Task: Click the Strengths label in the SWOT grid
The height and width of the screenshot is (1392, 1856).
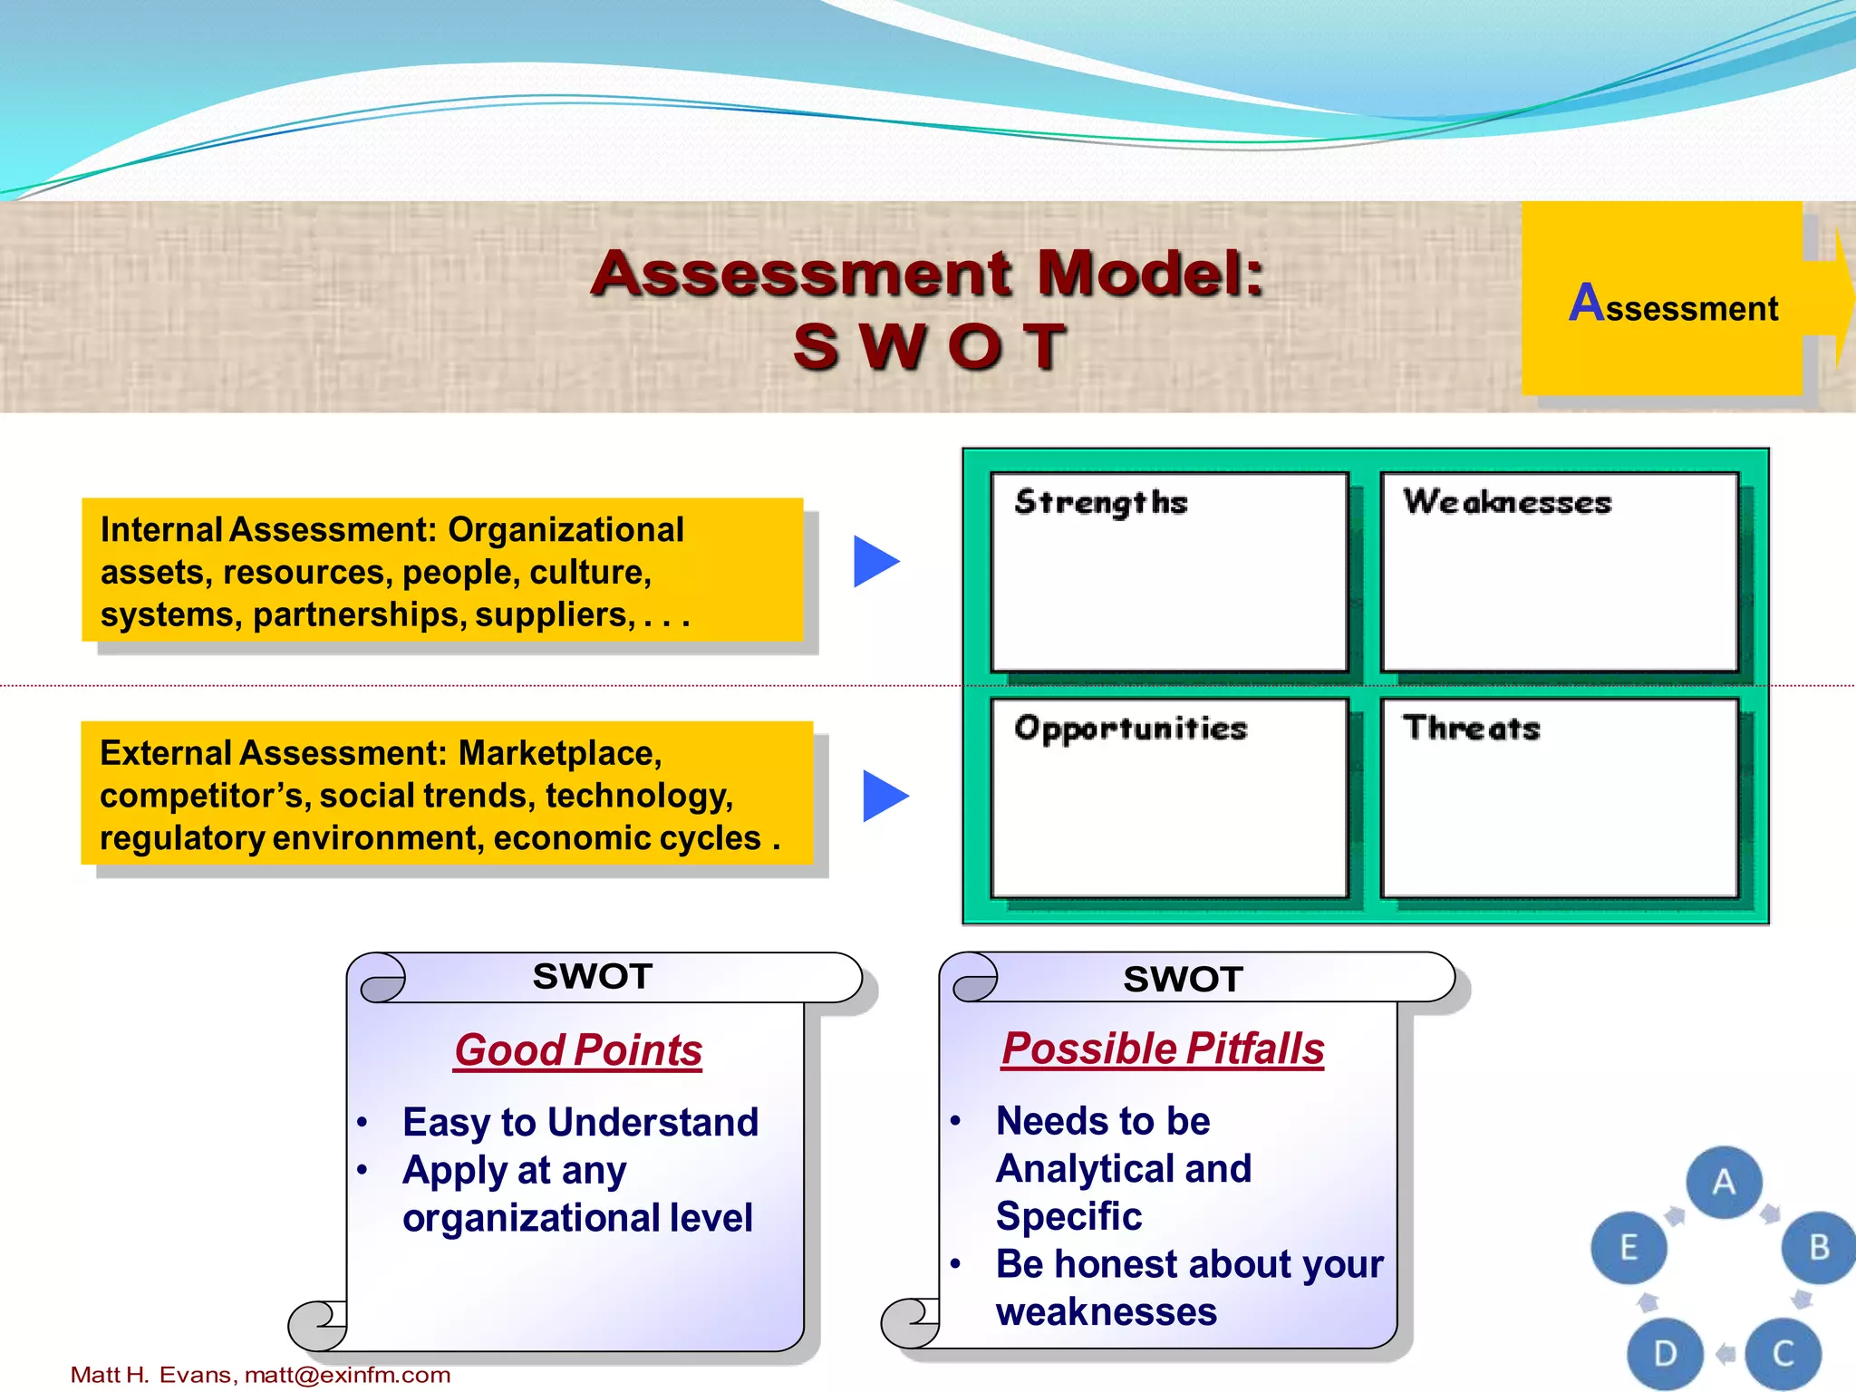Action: tap(1100, 502)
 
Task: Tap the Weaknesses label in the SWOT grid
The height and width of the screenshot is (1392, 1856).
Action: tap(1507, 502)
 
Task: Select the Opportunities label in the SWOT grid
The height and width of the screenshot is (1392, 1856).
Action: tap(1130, 729)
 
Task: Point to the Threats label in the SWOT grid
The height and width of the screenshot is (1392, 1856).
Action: tap(1471, 728)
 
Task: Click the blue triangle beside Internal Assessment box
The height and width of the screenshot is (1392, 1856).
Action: tap(874, 561)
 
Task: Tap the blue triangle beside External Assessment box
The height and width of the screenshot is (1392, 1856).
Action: tap(883, 796)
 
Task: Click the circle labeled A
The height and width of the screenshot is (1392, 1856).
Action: tap(1724, 1182)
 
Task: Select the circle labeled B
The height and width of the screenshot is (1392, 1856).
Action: tap(1818, 1248)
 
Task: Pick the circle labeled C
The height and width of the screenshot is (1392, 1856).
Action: tap(1783, 1353)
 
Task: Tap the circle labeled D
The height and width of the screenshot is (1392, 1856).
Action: tap(1665, 1353)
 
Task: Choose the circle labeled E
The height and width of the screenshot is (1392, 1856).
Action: tap(1629, 1248)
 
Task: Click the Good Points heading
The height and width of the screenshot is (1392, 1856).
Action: tap(578, 1050)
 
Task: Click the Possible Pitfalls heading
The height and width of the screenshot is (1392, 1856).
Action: tap(1163, 1049)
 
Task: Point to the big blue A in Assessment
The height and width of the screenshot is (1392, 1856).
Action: tap(1587, 303)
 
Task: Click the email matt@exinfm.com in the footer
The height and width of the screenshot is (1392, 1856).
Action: tap(347, 1375)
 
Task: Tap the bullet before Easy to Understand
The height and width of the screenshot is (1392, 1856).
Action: tap(362, 1123)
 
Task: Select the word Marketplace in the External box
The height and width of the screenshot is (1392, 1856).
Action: tap(559, 753)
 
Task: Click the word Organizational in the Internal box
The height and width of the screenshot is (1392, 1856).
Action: tap(565, 530)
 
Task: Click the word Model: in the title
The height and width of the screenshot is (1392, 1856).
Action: tap(1149, 273)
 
